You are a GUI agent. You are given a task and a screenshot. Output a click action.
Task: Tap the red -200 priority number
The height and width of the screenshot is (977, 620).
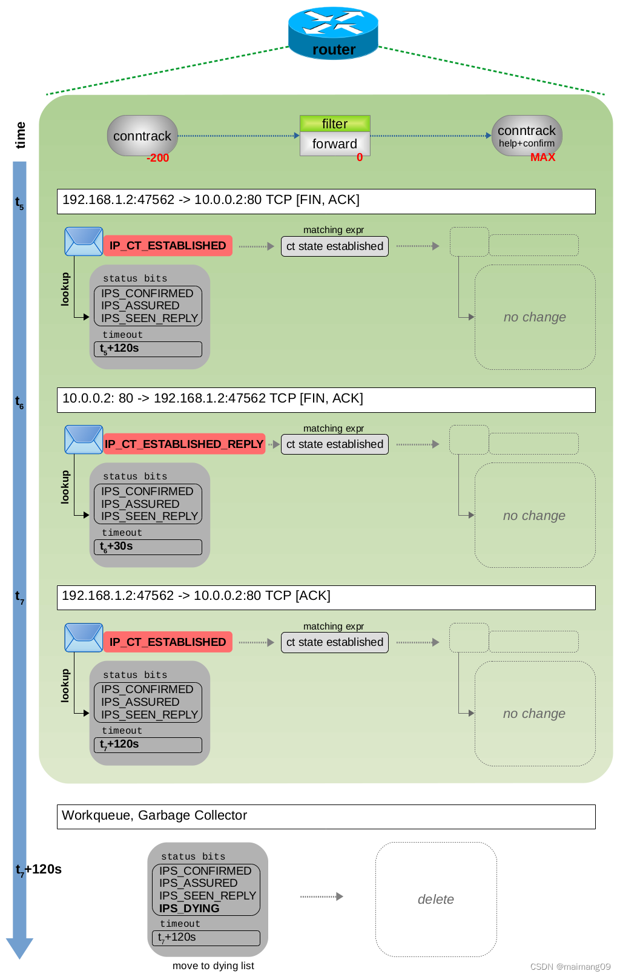click(x=157, y=158)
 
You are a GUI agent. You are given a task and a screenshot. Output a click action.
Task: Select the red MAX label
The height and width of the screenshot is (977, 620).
click(x=542, y=157)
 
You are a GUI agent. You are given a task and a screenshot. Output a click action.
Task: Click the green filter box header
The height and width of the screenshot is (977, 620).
click(x=335, y=124)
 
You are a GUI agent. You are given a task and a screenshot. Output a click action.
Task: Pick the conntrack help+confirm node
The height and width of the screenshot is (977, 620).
click(x=527, y=136)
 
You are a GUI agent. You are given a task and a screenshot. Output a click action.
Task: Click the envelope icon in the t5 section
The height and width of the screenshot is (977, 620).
click(x=84, y=242)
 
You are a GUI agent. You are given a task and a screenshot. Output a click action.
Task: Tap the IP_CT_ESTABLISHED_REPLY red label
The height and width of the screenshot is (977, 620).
click(x=184, y=444)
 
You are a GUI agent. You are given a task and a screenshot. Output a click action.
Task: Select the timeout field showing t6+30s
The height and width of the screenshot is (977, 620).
click(x=148, y=547)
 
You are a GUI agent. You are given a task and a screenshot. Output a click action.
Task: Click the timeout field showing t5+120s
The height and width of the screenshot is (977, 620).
click(x=148, y=349)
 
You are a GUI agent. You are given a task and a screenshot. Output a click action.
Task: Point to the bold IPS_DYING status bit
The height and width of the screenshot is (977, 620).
click(x=189, y=909)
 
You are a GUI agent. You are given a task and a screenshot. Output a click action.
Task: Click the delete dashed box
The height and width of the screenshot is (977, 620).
click(x=436, y=900)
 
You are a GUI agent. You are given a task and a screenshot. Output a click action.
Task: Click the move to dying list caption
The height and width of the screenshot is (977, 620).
click(x=213, y=966)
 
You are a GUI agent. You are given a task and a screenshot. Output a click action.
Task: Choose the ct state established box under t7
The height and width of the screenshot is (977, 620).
click(x=334, y=642)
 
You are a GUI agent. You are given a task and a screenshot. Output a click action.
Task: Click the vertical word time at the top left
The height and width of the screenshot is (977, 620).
click(x=21, y=135)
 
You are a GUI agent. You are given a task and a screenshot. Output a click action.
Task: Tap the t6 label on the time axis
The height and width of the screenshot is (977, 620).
click(x=19, y=401)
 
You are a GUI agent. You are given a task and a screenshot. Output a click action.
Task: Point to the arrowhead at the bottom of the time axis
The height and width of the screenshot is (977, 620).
click(x=19, y=948)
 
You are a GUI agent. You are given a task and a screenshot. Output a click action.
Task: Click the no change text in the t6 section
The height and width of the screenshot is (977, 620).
click(x=534, y=516)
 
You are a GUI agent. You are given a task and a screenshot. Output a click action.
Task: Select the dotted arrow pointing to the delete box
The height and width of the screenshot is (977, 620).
click(x=322, y=896)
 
